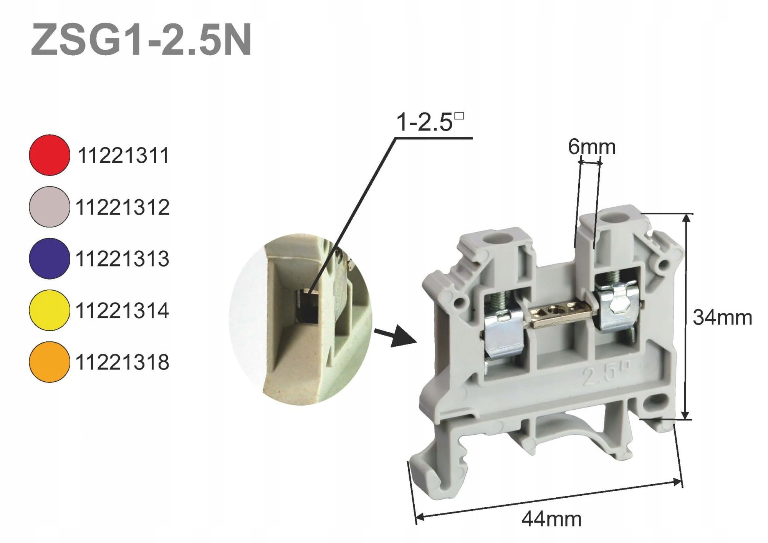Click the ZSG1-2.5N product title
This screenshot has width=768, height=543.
(x=141, y=40)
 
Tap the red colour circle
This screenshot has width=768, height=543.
(x=49, y=155)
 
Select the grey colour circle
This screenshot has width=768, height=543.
(x=49, y=207)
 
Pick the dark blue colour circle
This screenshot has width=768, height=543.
(x=49, y=258)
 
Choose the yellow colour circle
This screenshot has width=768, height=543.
(x=49, y=310)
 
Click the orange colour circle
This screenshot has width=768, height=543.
(x=49, y=362)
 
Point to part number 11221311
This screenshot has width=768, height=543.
(x=123, y=156)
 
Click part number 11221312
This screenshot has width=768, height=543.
(x=122, y=207)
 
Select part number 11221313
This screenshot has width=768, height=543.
(x=122, y=259)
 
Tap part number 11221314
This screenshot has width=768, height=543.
(x=122, y=311)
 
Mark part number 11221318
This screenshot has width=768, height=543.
(x=122, y=362)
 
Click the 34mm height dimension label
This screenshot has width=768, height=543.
(x=722, y=318)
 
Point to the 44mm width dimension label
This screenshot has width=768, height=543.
(x=551, y=520)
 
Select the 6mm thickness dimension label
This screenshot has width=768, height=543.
(x=592, y=147)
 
